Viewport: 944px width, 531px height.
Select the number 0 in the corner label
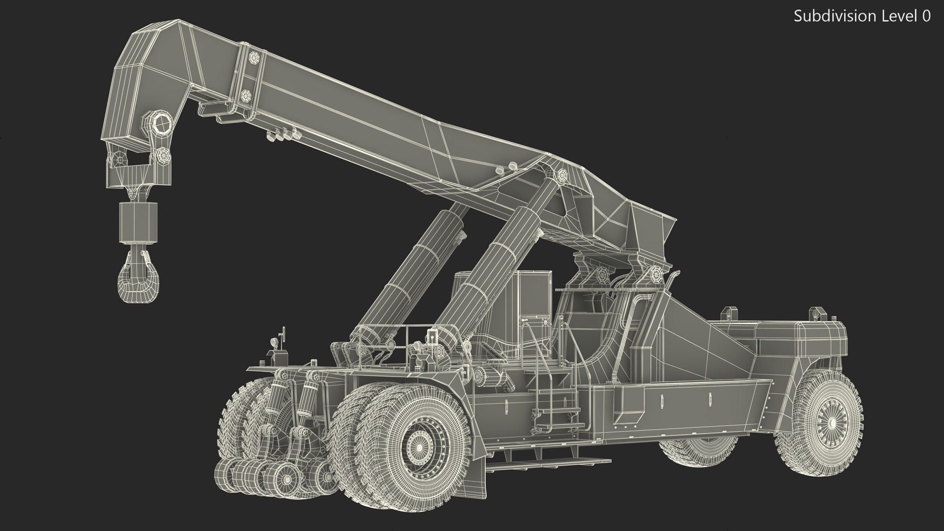926,16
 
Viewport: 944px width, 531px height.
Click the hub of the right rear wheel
831,423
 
